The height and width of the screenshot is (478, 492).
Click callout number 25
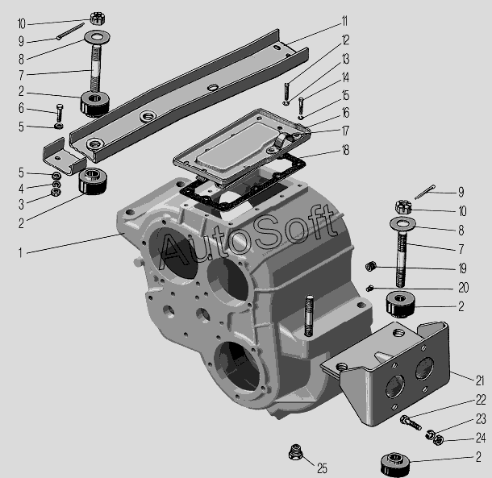pos(322,468)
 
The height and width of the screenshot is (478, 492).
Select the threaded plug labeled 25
pos(295,452)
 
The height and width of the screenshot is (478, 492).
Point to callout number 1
pos(20,252)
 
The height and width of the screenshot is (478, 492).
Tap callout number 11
pos(344,22)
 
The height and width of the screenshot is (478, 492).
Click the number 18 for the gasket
pos(345,150)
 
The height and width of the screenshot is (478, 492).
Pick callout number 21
pos(480,380)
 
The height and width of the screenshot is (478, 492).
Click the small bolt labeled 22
pos(411,422)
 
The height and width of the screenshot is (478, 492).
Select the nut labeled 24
pos(438,440)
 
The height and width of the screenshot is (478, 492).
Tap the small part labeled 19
pos(371,267)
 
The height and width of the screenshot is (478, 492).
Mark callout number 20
pos(464,288)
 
